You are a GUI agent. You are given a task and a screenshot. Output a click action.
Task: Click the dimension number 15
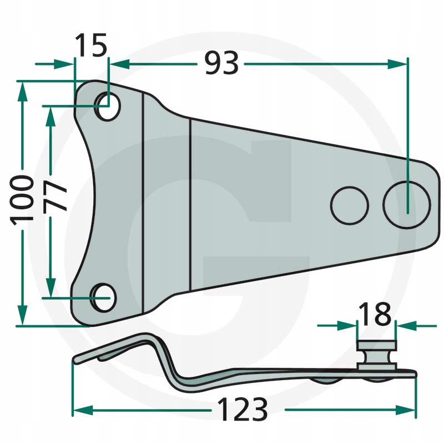91,45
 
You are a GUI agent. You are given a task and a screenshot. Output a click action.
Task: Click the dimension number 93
221,63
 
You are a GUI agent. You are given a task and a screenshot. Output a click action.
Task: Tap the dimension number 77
55,196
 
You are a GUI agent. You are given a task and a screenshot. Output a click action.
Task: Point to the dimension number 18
375,314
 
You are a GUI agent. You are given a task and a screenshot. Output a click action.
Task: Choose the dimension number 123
243,409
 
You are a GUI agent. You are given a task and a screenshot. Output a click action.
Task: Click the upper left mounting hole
107,107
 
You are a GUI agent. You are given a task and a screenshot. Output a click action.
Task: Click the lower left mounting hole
103,297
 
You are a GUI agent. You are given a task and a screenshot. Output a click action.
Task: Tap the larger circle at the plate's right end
407,204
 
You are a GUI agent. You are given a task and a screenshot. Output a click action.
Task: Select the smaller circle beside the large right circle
350,205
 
